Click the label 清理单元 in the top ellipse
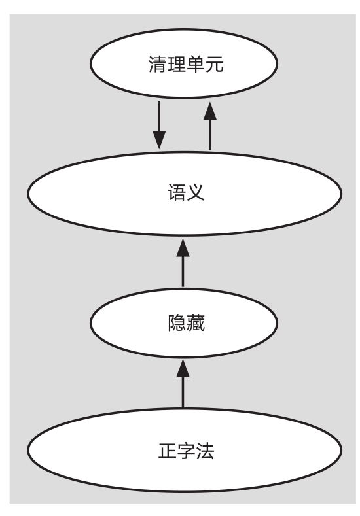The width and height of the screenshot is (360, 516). click(186, 64)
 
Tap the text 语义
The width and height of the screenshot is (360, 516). click(186, 192)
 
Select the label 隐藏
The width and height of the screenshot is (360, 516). click(186, 323)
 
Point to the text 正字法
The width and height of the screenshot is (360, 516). click(186, 451)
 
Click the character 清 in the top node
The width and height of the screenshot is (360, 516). click(158, 64)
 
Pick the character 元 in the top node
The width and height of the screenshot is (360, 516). click(215, 64)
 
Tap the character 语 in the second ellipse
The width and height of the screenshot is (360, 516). click(177, 192)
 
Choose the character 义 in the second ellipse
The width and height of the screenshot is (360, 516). click(196, 192)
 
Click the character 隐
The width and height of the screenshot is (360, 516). click(177, 323)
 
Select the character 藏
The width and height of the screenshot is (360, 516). click(196, 323)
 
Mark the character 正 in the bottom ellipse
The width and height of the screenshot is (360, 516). click(168, 451)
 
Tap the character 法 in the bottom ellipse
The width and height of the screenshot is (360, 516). click(205, 451)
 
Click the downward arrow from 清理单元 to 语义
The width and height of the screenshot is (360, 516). click(159, 125)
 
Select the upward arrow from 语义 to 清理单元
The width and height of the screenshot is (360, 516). click(210, 126)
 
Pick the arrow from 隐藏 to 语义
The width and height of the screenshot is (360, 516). click(183, 263)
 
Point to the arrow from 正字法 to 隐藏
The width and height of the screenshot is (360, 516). click(183, 384)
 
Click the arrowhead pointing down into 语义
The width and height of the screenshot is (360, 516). click(159, 140)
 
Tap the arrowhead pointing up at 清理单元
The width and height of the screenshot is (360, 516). click(210, 111)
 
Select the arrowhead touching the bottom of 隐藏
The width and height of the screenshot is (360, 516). click(183, 369)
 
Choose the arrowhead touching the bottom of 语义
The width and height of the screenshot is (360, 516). click(183, 248)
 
